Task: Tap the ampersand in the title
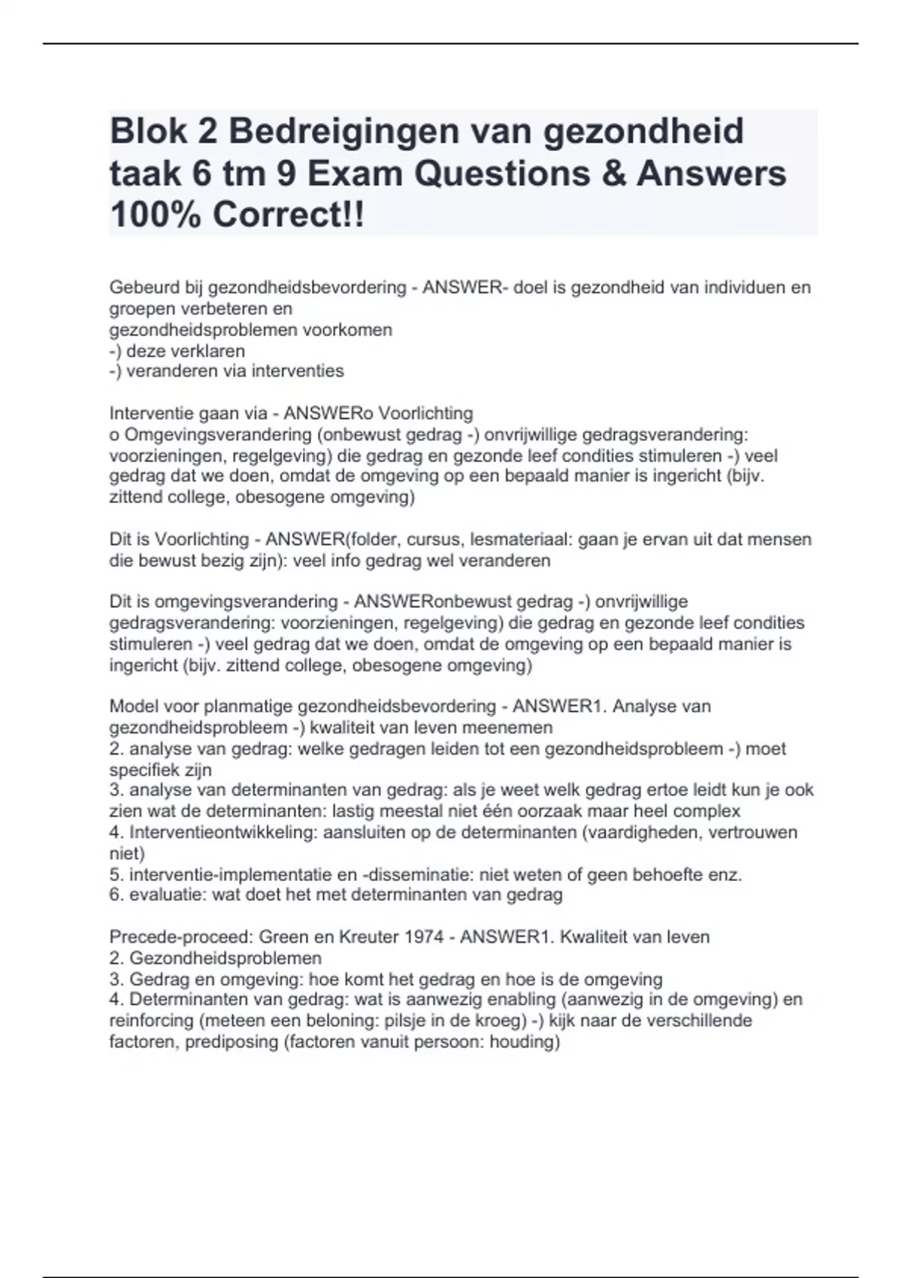click(615, 174)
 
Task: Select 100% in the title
click(156, 216)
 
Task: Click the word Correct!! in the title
click(288, 216)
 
